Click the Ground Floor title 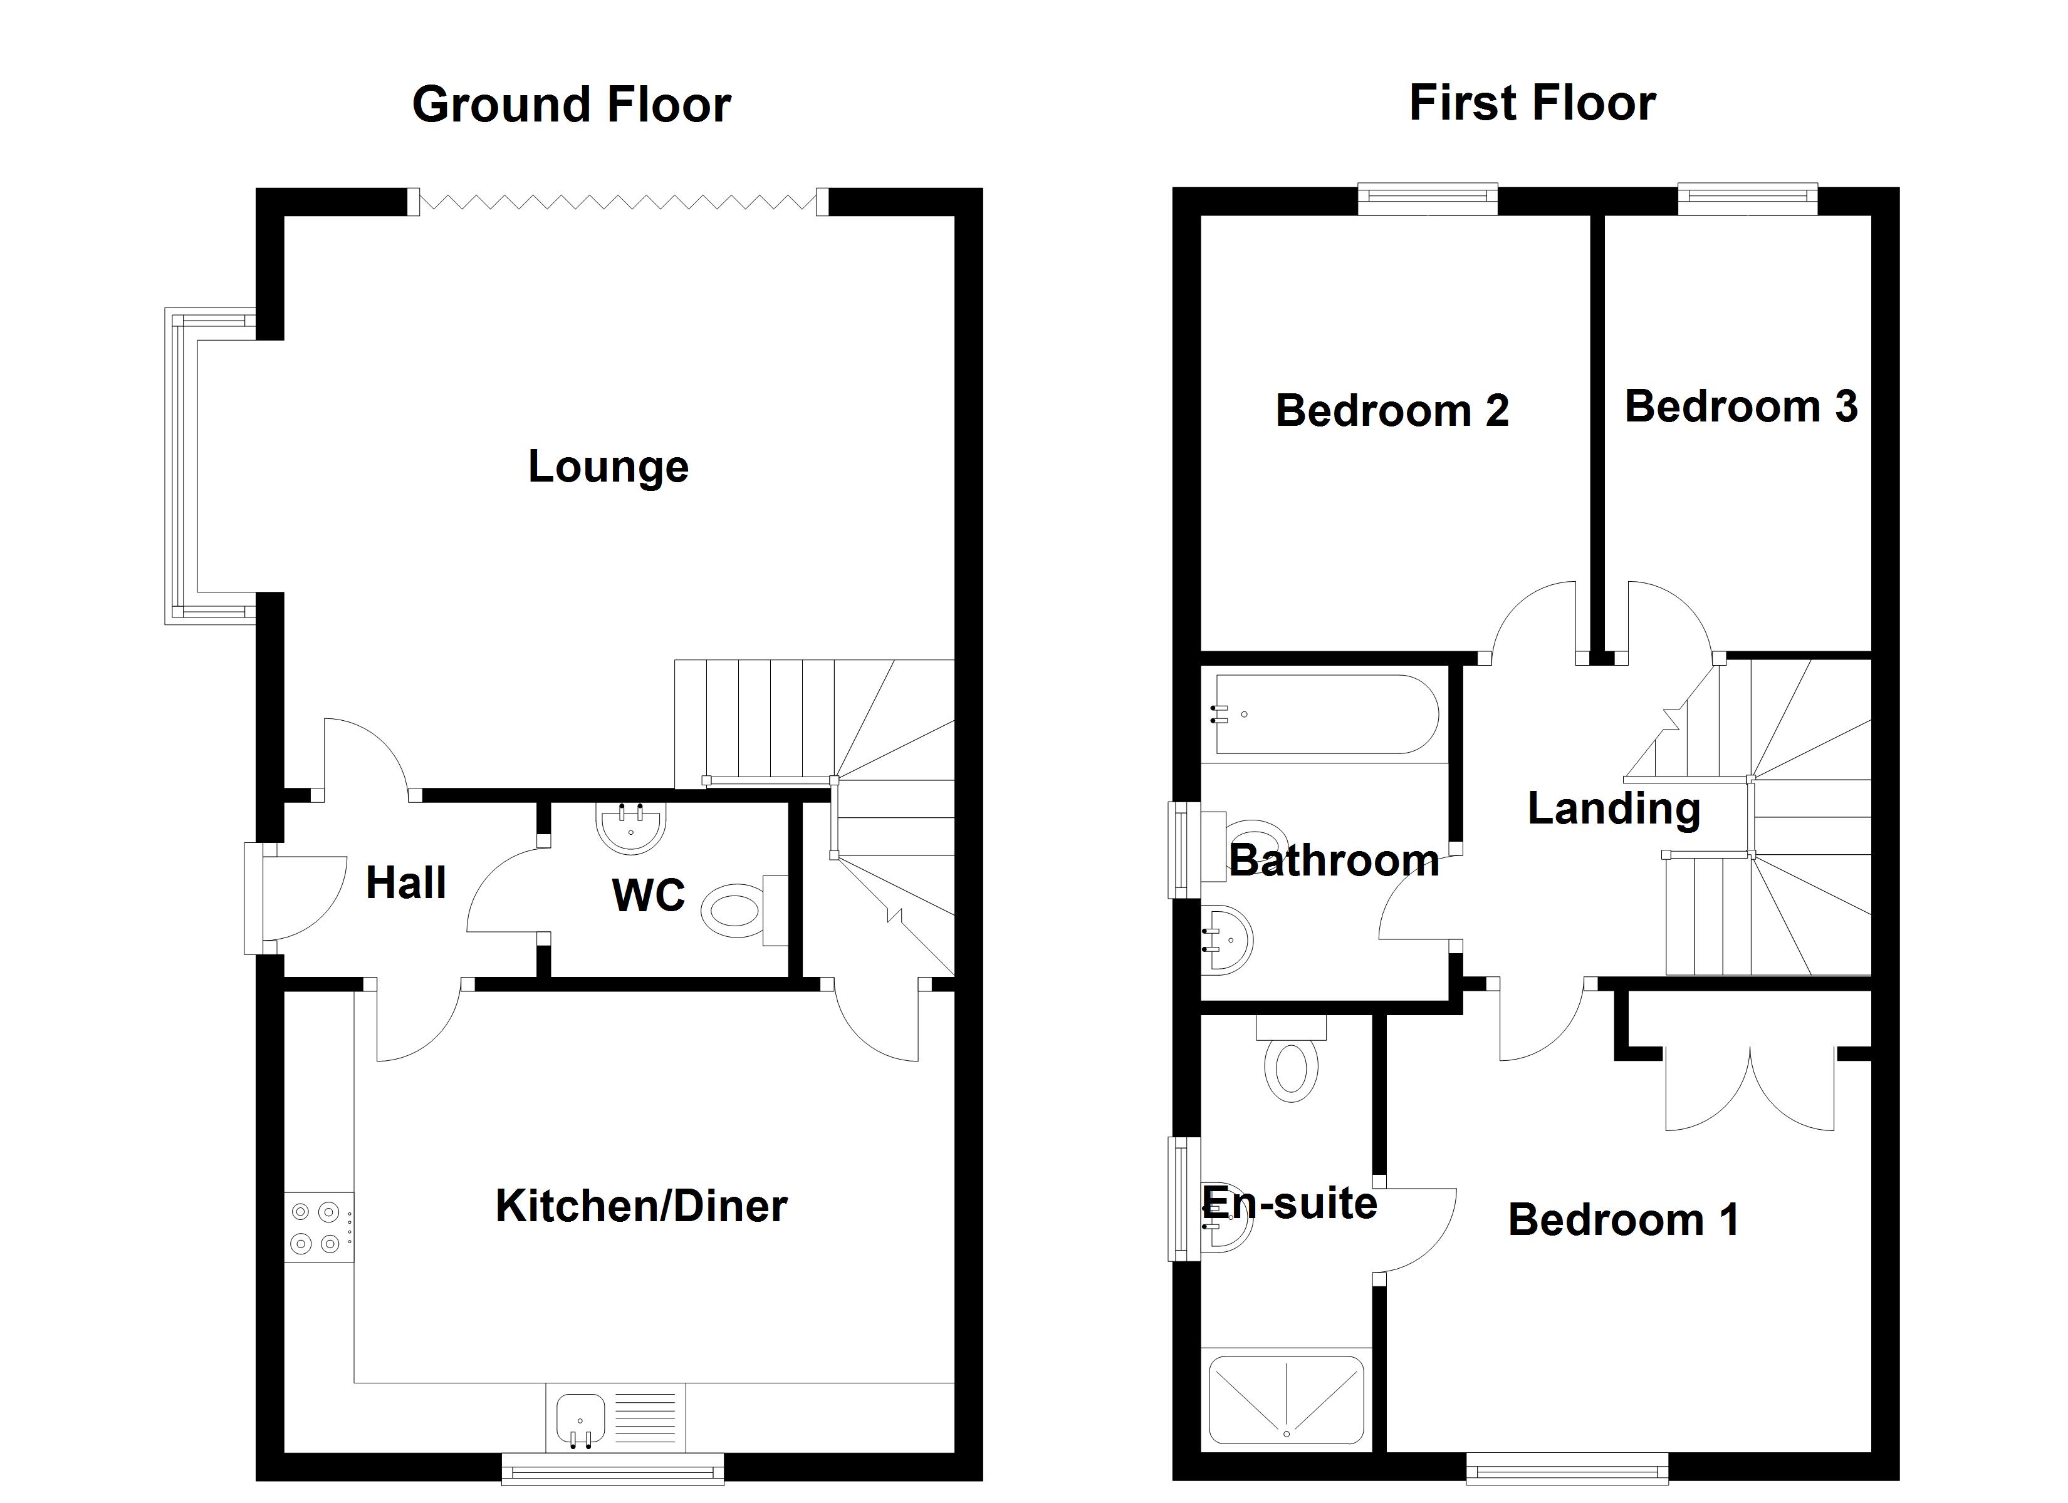[x=572, y=105]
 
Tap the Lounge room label [x=608, y=467]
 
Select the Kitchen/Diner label [x=641, y=1206]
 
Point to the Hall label [x=405, y=882]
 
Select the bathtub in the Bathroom [x=1324, y=715]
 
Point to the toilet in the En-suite [x=1291, y=1058]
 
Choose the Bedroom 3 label [x=1741, y=406]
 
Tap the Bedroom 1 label [x=1623, y=1219]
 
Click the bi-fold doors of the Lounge [x=619, y=202]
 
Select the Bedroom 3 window [x=1748, y=199]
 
